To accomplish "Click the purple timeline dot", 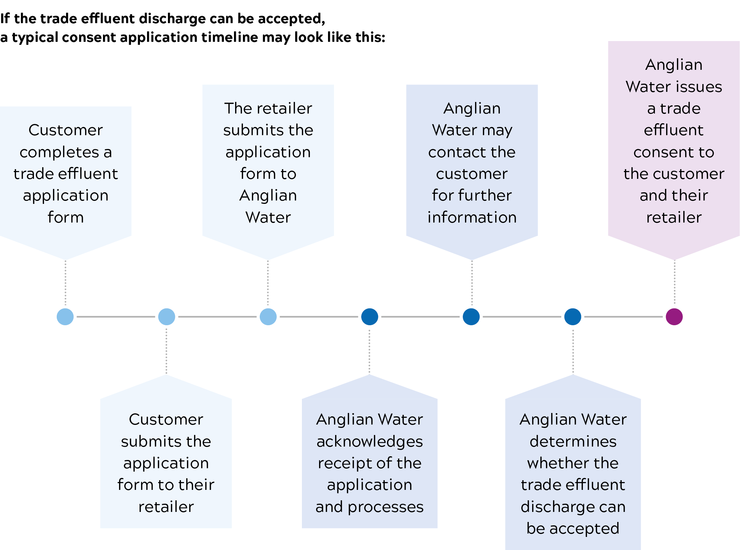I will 674,317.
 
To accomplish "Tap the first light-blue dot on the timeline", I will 65,317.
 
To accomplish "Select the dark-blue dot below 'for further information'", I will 471,317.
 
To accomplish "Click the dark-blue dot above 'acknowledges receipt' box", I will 369,317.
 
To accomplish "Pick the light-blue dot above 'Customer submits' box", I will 166,317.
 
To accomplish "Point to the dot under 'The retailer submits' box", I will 268,317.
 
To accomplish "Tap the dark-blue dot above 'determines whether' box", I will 573,317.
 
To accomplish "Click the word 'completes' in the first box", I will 59,152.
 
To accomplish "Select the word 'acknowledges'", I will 369,441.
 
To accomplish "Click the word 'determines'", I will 573,441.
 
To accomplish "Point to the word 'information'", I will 472,217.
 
